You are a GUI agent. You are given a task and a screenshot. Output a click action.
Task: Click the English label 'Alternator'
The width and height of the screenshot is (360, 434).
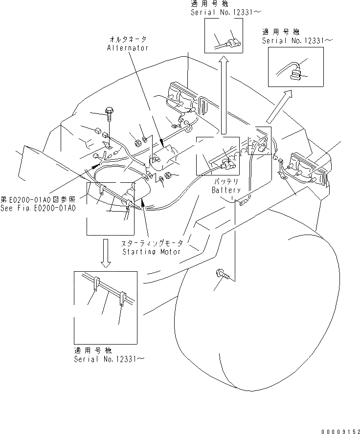(x=127, y=48)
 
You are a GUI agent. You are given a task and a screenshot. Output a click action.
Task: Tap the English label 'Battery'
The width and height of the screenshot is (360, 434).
(x=226, y=190)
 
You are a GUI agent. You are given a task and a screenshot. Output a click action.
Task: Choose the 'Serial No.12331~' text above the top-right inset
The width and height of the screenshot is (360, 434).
(x=297, y=41)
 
